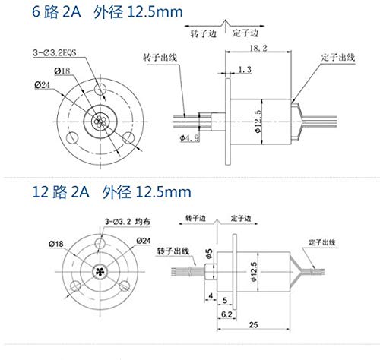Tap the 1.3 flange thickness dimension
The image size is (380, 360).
click(x=244, y=70)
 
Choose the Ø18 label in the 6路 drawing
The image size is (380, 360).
click(x=61, y=71)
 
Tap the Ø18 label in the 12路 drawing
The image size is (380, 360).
click(x=55, y=243)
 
